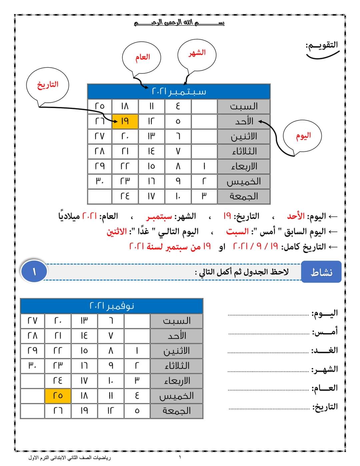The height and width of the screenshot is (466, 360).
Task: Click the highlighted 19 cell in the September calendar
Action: point(125,121)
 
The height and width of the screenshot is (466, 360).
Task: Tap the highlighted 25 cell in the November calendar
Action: point(58,396)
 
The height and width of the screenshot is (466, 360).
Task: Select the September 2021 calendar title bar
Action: point(179,91)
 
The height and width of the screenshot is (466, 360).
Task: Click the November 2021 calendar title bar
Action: point(112,306)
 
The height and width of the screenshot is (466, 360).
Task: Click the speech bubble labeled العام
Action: point(142,57)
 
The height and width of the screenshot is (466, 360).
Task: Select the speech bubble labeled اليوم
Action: point(303,136)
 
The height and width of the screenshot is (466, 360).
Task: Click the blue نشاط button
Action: point(321,272)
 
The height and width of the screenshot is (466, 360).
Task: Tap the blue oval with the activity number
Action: point(34,272)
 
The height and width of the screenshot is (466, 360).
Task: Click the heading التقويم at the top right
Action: point(322,45)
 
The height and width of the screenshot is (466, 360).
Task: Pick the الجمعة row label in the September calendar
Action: point(244,196)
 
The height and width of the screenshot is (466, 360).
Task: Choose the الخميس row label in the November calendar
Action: point(176,396)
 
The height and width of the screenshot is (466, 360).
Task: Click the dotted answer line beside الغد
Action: point(268,352)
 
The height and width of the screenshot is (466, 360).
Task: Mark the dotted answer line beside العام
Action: point(268,389)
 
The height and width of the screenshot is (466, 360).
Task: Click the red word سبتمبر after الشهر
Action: point(159,217)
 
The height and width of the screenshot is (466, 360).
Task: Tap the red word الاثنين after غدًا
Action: point(116,232)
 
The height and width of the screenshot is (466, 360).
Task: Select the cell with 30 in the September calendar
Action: point(100,181)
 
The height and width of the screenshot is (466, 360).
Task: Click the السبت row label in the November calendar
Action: point(176,321)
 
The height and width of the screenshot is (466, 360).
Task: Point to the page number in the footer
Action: point(180,457)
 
